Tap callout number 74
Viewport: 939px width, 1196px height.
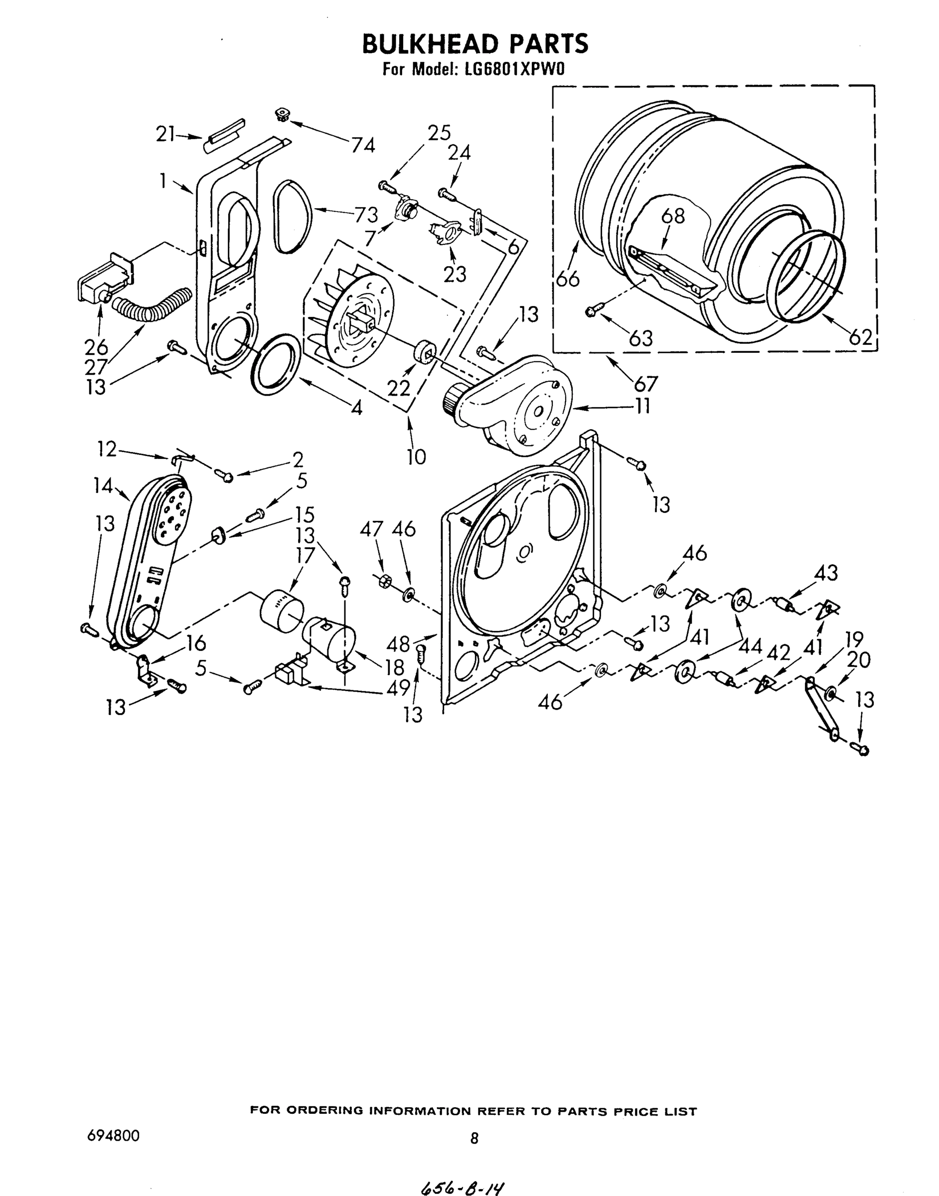tap(363, 145)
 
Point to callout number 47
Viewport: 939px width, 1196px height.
tap(372, 529)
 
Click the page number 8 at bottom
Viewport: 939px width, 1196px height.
tap(474, 1138)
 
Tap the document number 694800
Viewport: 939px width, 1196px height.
tap(113, 1136)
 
